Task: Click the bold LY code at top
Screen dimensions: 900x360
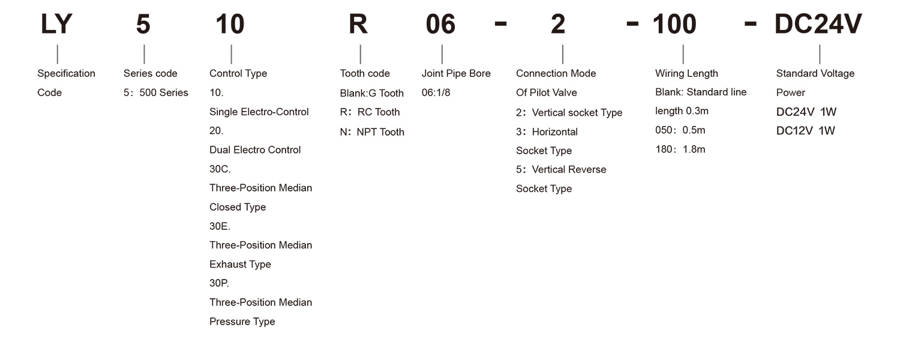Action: (56, 24)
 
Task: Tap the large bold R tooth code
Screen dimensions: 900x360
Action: (358, 24)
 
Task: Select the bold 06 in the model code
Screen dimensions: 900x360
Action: (440, 24)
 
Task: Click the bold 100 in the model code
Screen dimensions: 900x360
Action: (674, 24)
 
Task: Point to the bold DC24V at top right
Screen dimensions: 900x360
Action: (818, 24)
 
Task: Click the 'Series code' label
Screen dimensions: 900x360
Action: (150, 74)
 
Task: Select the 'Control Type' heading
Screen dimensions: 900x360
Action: (238, 74)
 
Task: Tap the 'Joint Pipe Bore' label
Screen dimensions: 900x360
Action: (456, 74)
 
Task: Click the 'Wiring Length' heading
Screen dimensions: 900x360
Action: (686, 74)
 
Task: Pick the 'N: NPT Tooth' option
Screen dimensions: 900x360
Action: (372, 132)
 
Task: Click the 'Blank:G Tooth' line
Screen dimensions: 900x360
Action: (371, 93)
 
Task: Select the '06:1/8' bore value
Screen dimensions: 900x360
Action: (436, 93)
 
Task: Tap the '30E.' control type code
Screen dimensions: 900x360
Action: (220, 226)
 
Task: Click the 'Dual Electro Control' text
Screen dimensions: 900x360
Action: (255, 150)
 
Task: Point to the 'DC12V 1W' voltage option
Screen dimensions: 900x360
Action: (806, 131)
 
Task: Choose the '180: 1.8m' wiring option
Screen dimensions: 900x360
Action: (680, 149)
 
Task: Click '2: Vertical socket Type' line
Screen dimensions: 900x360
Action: (569, 113)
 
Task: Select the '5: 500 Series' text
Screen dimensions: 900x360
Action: (156, 93)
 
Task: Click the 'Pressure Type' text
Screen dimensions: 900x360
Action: (242, 322)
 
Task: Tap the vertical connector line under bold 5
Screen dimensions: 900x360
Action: (144, 54)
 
